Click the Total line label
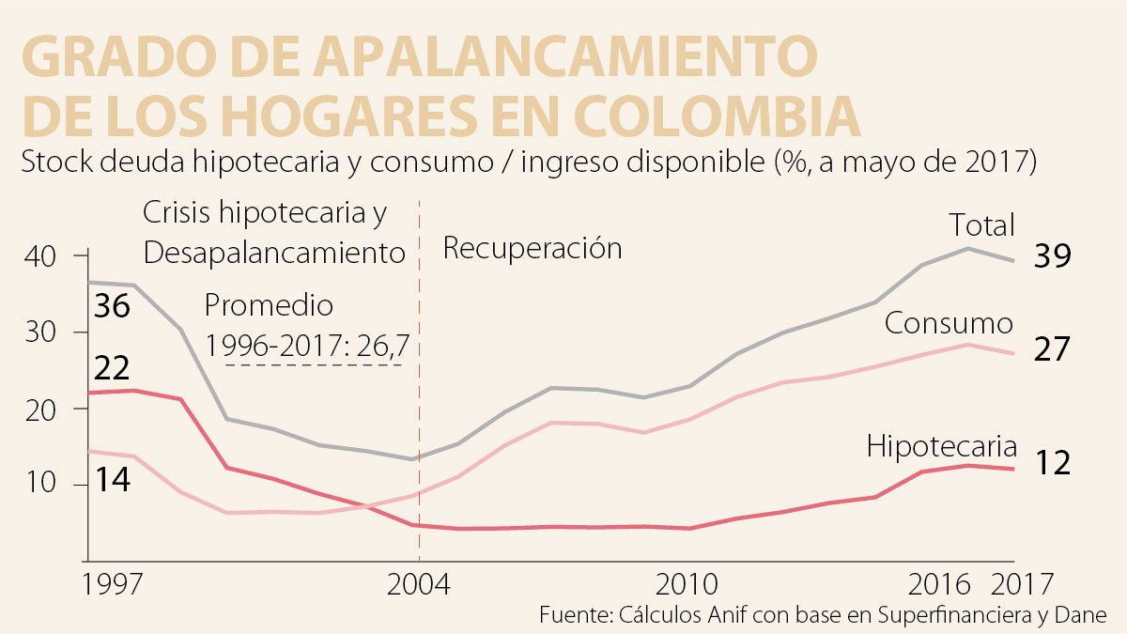click(981, 225)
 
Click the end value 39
click(1052, 256)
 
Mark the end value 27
click(1052, 349)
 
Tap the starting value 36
click(111, 307)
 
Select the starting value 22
click(111, 367)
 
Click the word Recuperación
click(533, 249)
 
